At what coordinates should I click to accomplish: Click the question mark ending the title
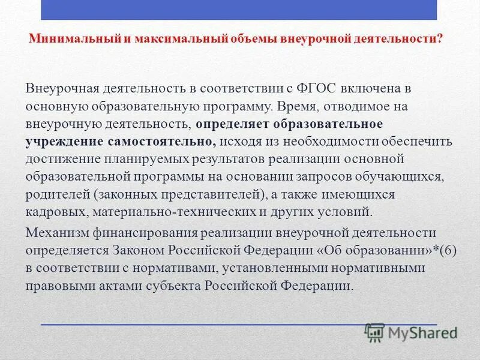(x=440, y=38)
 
